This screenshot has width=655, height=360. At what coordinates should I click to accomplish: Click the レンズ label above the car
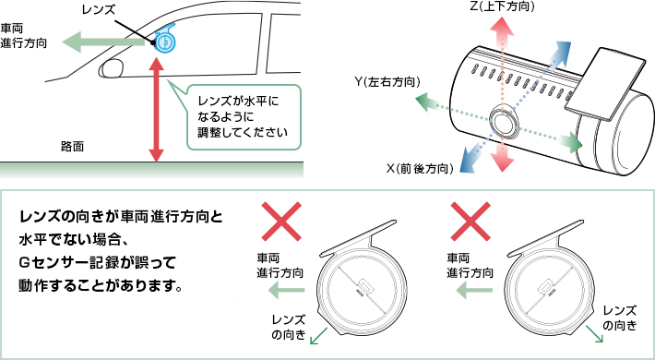pyautogui.click(x=98, y=10)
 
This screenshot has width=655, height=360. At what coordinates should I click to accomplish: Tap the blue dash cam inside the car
pyautogui.click(x=164, y=40)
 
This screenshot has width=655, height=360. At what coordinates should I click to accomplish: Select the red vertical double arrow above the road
pyautogui.click(x=156, y=110)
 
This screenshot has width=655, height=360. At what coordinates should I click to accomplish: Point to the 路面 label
pyautogui.click(x=72, y=147)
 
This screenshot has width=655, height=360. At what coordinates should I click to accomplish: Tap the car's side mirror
pyautogui.click(x=111, y=68)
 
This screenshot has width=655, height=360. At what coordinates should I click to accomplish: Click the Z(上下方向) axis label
pyautogui.click(x=502, y=6)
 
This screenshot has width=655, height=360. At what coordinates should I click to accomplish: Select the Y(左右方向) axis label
pyautogui.click(x=387, y=82)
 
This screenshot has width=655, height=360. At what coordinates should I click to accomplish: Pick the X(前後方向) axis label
pyautogui.click(x=420, y=169)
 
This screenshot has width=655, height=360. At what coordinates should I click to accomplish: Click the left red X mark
pyautogui.click(x=281, y=222)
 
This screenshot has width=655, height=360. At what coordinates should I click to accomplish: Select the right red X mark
pyautogui.click(x=471, y=222)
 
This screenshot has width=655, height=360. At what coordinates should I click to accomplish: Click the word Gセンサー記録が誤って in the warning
pyautogui.click(x=98, y=263)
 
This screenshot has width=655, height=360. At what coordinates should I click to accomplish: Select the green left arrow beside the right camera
pyautogui.click(x=473, y=290)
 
